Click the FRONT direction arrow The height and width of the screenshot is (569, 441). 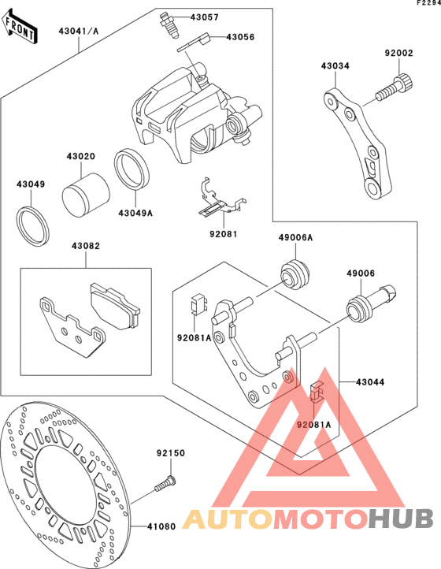coord(20,28)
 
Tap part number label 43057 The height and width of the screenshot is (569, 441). coord(205,17)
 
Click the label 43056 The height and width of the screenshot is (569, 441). coord(240,37)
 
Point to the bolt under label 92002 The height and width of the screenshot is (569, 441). coord(395,87)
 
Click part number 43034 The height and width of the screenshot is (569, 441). coord(335,66)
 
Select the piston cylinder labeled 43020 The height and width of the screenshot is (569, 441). coord(86,195)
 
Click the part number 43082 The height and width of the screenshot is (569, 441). coord(86,246)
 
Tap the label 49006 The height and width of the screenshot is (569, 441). coord(361,273)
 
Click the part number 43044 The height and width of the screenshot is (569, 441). coord(370,382)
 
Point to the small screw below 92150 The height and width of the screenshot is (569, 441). coord(165,484)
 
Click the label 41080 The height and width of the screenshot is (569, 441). coord(161,526)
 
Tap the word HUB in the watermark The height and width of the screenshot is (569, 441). coord(402,519)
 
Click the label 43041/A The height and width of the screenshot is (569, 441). coord(79,32)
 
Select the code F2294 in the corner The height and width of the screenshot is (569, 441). coord(428,3)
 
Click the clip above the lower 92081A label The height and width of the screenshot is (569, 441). coord(317,392)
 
